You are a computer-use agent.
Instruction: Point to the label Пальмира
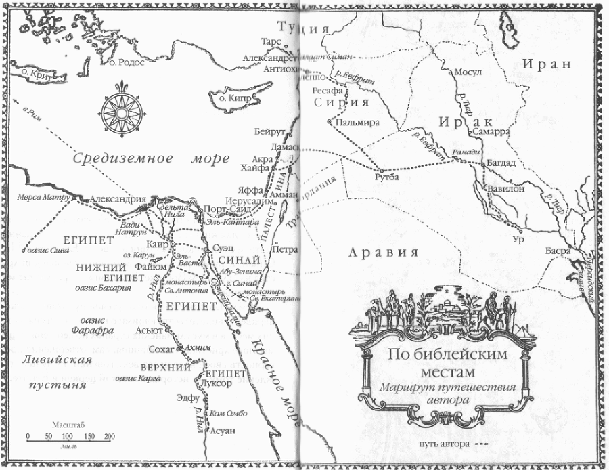355,123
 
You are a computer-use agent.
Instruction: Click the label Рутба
387,177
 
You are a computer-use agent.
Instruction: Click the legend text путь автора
438,445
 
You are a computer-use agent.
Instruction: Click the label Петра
283,249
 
